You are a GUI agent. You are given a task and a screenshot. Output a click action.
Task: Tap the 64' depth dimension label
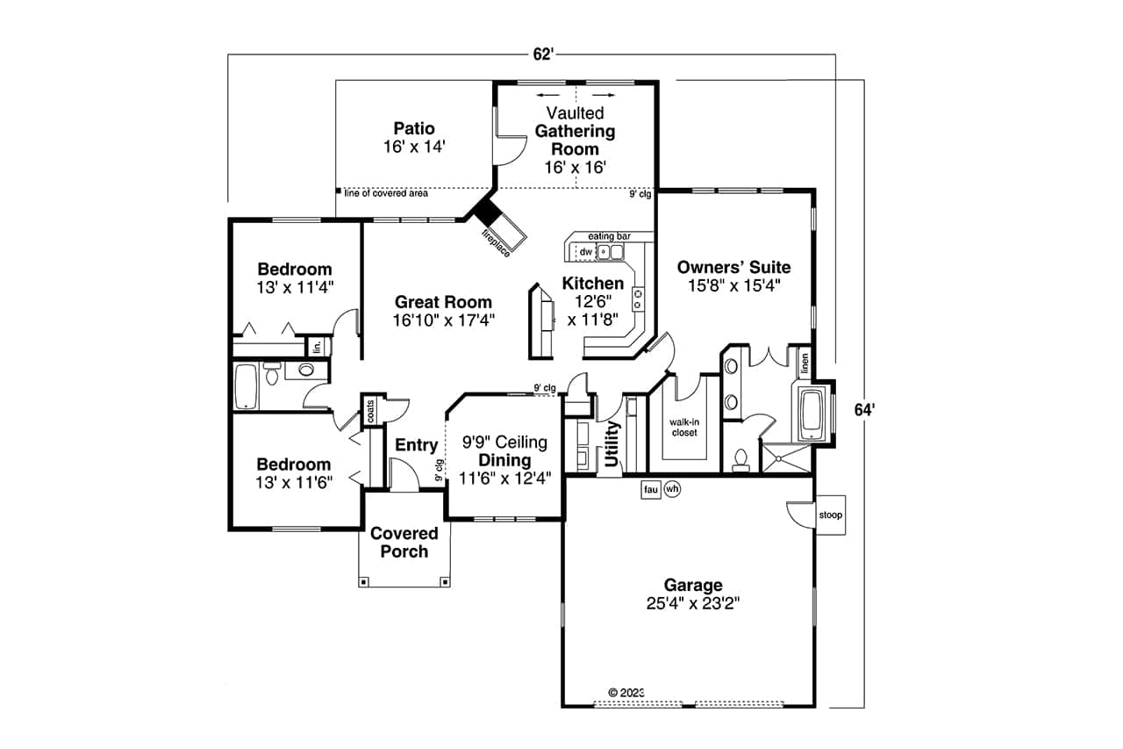click(865, 408)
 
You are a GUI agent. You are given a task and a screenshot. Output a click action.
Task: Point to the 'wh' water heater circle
click(672, 489)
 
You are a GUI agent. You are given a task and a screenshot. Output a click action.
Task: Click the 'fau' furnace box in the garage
click(650, 489)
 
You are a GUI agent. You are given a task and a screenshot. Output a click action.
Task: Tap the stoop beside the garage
click(830, 515)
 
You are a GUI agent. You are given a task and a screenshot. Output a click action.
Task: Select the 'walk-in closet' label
click(684, 428)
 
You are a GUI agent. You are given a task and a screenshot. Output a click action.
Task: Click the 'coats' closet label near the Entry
click(370, 410)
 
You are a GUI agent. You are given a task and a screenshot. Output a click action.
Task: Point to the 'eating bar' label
click(608, 236)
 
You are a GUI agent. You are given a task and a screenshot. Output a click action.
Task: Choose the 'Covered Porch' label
click(404, 543)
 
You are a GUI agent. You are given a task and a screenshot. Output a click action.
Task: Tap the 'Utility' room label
click(612, 444)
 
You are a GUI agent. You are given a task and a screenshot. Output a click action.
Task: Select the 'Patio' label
click(414, 129)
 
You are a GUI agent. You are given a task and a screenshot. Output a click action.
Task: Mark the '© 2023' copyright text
click(626, 692)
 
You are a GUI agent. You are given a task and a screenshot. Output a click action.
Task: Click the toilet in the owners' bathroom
click(740, 459)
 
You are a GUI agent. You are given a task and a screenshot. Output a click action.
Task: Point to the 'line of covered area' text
click(386, 193)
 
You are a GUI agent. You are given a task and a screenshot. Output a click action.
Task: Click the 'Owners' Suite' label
click(734, 267)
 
